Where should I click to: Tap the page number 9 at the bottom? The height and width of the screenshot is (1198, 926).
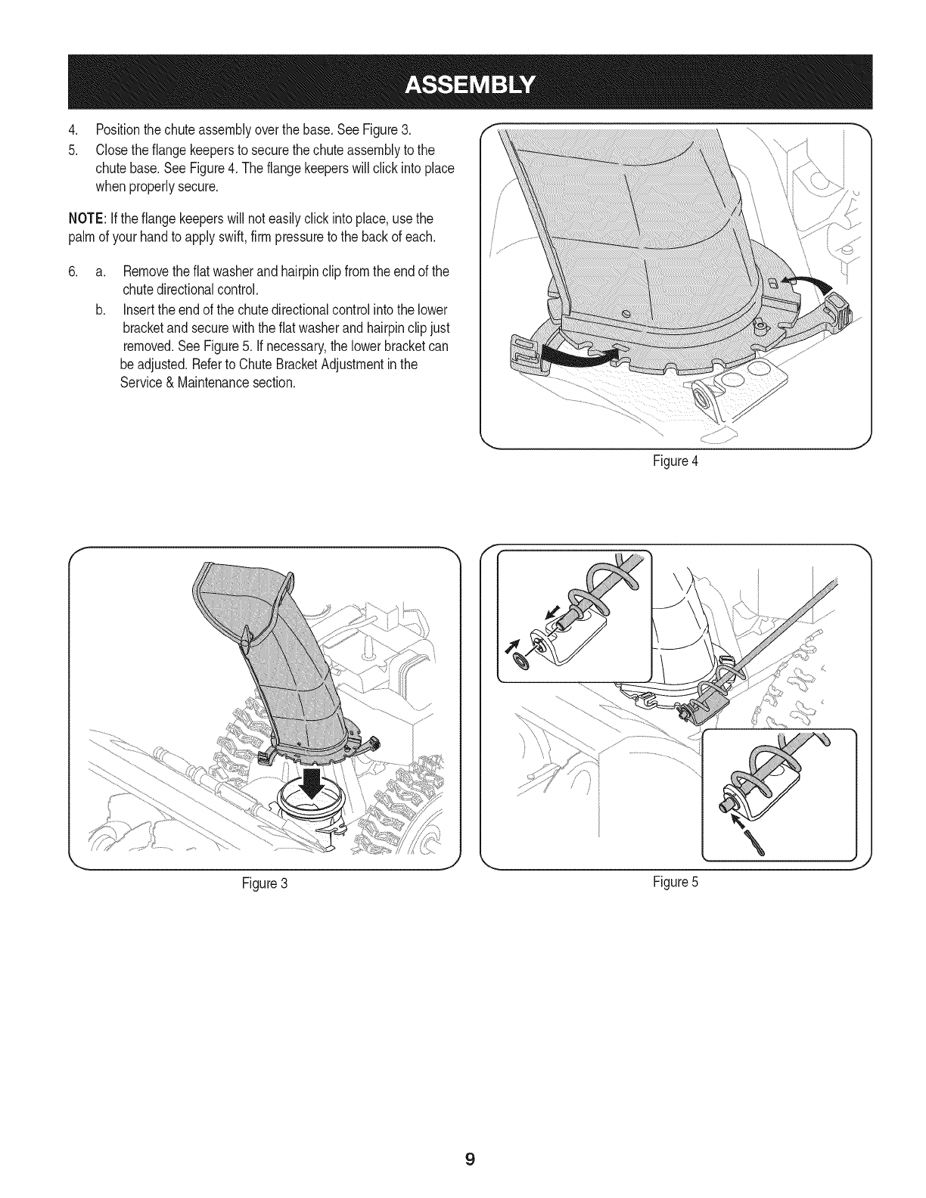[470, 1159]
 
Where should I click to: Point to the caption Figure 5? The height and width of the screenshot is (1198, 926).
[676, 882]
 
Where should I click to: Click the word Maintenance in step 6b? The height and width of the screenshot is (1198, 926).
[200, 383]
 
